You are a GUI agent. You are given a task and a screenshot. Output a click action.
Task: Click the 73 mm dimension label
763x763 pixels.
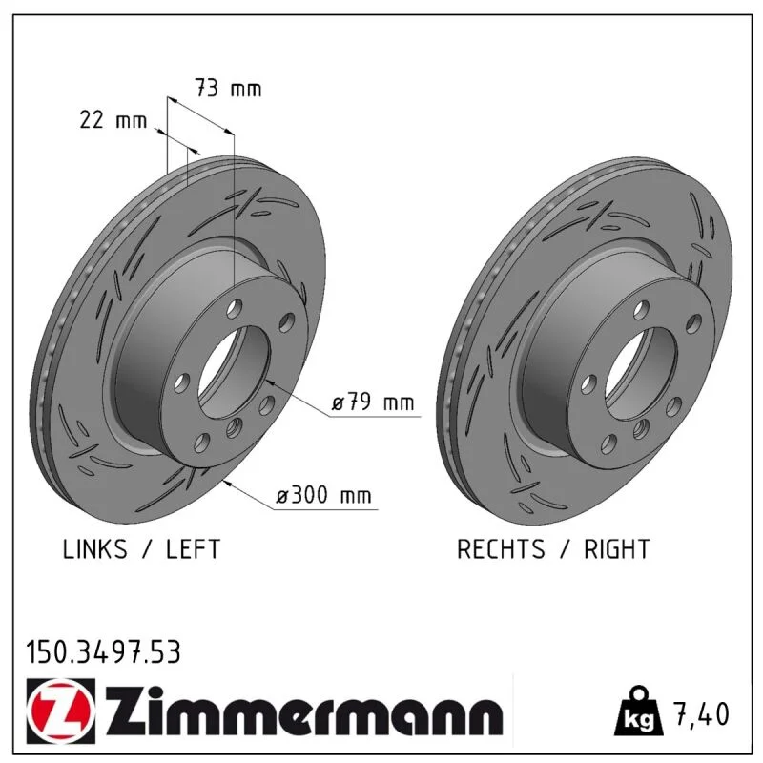[x=228, y=88]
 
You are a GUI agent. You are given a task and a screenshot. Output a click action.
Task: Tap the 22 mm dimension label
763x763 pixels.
[x=113, y=119]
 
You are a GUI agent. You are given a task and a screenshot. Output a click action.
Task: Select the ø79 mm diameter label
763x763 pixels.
[x=373, y=402]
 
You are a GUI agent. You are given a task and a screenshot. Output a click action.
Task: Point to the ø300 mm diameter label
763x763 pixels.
[x=323, y=495]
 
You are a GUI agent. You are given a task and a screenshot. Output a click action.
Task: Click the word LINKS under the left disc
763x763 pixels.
[x=94, y=549]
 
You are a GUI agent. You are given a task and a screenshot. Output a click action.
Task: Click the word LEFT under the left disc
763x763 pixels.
[x=194, y=549]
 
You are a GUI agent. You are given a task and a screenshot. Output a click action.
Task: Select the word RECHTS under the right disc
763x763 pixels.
[x=501, y=549]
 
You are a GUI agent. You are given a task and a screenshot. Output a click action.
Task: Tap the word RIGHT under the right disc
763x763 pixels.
[x=616, y=549]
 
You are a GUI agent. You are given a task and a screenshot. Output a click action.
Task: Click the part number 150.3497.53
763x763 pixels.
[x=103, y=652]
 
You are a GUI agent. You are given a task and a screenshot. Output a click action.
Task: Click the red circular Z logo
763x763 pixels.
[x=60, y=711]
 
